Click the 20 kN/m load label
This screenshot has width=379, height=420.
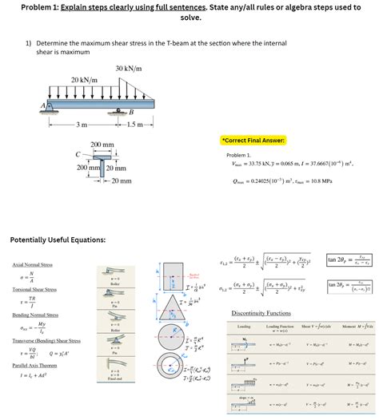(85, 80)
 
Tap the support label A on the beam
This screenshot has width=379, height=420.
(34, 105)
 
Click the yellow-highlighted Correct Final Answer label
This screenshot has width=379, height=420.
(259, 139)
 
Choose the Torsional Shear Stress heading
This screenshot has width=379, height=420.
(35, 290)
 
